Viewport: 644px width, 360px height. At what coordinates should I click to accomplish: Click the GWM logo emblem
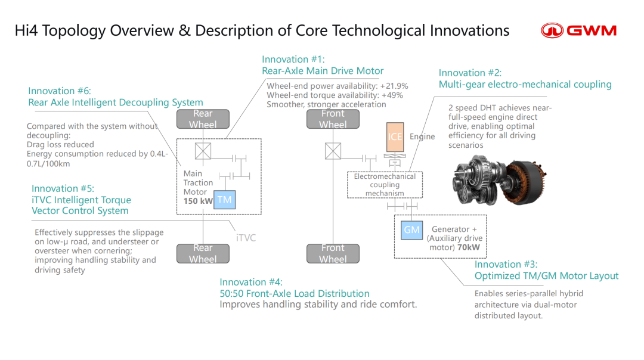point(552,31)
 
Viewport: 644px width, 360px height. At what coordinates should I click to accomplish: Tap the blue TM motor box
point(225,200)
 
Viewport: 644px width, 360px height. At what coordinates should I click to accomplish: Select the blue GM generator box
point(411,230)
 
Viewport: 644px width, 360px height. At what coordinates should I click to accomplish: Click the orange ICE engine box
point(395,137)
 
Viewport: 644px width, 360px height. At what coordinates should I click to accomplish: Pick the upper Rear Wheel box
point(203,119)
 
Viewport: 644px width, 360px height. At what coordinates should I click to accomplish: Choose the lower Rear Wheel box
point(203,254)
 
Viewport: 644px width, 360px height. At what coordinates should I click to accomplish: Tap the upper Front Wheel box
point(333,119)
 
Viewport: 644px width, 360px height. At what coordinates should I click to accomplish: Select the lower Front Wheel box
point(333,254)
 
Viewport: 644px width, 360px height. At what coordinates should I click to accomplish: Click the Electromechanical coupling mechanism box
point(385,185)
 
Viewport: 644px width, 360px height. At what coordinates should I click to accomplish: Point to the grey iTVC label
point(246,238)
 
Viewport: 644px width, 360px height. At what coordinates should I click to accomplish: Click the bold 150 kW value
point(198,201)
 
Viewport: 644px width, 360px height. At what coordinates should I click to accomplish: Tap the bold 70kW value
point(468,247)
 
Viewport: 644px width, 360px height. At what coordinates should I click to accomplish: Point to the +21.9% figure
point(394,86)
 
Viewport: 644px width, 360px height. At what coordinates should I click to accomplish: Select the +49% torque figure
point(392,95)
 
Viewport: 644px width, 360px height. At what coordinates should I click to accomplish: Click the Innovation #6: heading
point(60,91)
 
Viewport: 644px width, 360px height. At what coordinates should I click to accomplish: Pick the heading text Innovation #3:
point(506,265)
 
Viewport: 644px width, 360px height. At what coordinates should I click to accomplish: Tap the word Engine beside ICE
point(422,136)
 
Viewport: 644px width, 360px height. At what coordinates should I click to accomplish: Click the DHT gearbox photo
point(499,179)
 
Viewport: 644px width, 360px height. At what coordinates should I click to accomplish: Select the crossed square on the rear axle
point(203,151)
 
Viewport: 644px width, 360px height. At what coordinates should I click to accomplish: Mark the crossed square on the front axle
point(333,151)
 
